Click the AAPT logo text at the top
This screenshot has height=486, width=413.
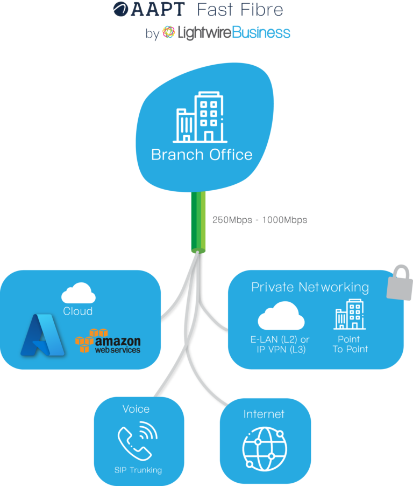click(x=149, y=9)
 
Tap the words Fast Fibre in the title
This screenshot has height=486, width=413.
click(x=239, y=9)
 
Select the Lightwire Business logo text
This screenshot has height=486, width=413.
click(x=226, y=33)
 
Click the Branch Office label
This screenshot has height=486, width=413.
click(x=202, y=155)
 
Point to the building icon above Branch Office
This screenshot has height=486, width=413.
click(x=200, y=117)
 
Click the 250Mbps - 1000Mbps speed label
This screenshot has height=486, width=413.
click(x=260, y=220)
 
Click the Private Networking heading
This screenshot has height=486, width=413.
click(x=310, y=287)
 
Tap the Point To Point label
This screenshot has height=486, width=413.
click(x=350, y=344)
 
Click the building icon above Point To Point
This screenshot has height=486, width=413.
click(x=349, y=314)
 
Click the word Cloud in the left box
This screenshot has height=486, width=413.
click(x=78, y=311)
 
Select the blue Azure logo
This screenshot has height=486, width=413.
click(x=42, y=335)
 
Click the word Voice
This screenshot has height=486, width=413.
click(x=136, y=409)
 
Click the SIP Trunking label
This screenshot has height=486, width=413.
click(x=138, y=470)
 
